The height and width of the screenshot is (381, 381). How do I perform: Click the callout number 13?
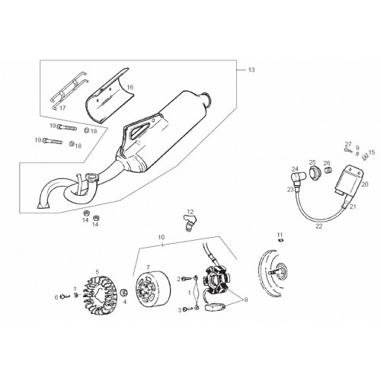pos(251,70)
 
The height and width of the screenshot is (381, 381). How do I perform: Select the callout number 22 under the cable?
pos(319,226)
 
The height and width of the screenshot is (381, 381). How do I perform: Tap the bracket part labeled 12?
pos(190,223)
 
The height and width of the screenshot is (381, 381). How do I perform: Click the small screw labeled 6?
pos(66,296)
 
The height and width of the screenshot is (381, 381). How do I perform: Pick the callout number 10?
pos(162,237)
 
